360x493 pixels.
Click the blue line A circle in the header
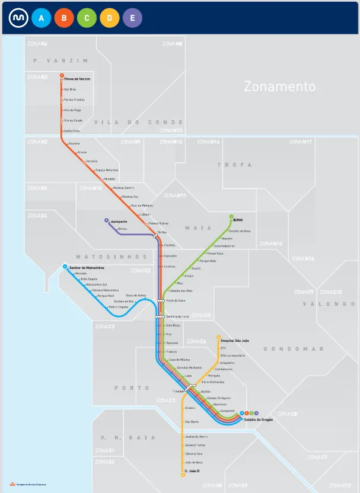[x=41, y=18]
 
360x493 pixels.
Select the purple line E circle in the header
[x=132, y=18]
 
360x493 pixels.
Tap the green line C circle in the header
[x=87, y=18]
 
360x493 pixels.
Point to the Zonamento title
[x=279, y=87]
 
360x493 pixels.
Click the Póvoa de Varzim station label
[x=77, y=79]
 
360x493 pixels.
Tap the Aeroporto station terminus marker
[x=107, y=221]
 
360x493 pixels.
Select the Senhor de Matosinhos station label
[x=87, y=268]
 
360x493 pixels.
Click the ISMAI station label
[x=239, y=220]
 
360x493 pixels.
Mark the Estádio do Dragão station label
[x=259, y=420]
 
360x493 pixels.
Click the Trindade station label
[x=178, y=392]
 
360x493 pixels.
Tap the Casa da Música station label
[x=179, y=360]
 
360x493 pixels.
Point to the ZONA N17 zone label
[x=300, y=142]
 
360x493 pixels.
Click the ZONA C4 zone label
[x=37, y=216]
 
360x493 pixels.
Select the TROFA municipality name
[x=234, y=165]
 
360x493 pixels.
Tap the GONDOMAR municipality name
[x=283, y=349]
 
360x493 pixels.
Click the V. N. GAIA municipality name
[x=119, y=437]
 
